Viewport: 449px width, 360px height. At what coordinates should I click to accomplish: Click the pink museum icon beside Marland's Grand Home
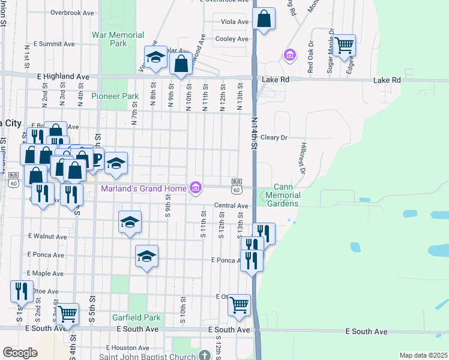pyautogui.click(x=196, y=188)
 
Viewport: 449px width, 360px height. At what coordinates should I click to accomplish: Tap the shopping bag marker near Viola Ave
pyautogui.click(x=264, y=20)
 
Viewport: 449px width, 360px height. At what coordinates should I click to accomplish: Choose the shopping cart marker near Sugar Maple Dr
pyautogui.click(x=345, y=46)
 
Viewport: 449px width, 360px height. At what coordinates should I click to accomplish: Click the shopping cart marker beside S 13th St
pyautogui.click(x=240, y=305)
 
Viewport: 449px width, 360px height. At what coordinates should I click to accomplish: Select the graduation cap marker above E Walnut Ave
pyautogui.click(x=130, y=223)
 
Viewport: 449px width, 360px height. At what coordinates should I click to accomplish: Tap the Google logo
pyautogui.click(x=20, y=352)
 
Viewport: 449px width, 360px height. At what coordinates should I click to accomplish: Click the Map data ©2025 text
pyautogui.click(x=423, y=355)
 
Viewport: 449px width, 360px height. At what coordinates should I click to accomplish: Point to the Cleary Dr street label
pyautogui.click(x=274, y=137)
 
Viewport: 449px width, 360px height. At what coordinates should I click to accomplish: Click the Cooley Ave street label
pyautogui.click(x=232, y=39)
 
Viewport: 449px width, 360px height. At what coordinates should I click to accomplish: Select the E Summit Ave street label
pyautogui.click(x=54, y=44)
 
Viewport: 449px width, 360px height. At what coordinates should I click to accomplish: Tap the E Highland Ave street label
pyautogui.click(x=63, y=77)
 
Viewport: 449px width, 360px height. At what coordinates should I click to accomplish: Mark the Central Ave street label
pyautogui.click(x=232, y=206)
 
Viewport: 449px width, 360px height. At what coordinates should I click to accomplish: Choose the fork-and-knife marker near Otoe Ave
pyautogui.click(x=22, y=292)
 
